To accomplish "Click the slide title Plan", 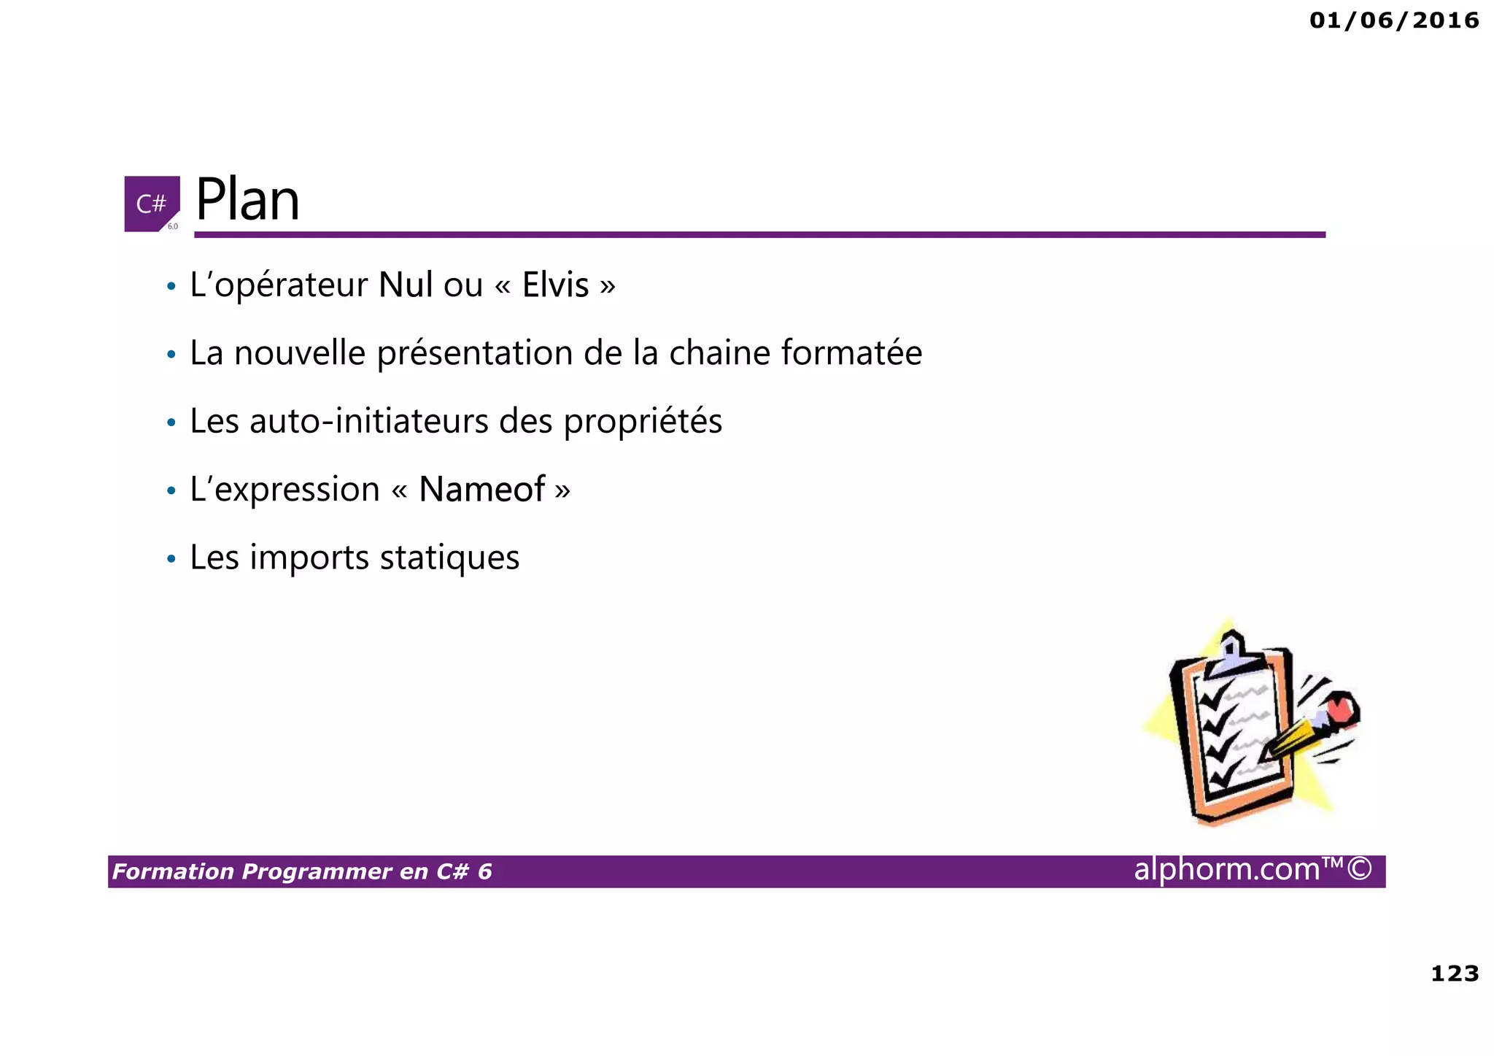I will pos(247,200).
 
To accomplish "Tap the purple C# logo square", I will pos(152,204).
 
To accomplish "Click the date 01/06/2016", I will pos(1394,20).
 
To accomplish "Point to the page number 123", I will pos(1455,973).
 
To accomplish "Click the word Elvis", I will pos(555,285).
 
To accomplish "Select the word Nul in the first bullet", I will pos(406,285).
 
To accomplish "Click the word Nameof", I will pos(481,489).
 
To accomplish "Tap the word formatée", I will pos(851,353).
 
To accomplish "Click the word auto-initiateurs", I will pos(369,421).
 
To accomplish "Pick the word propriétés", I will pos(643,423).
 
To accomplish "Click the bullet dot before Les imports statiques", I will pos(171,560).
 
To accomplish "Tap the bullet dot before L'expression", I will pos(171,491).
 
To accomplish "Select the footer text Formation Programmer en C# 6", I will pos(302,871).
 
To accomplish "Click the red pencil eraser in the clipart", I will pos(1341,708).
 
